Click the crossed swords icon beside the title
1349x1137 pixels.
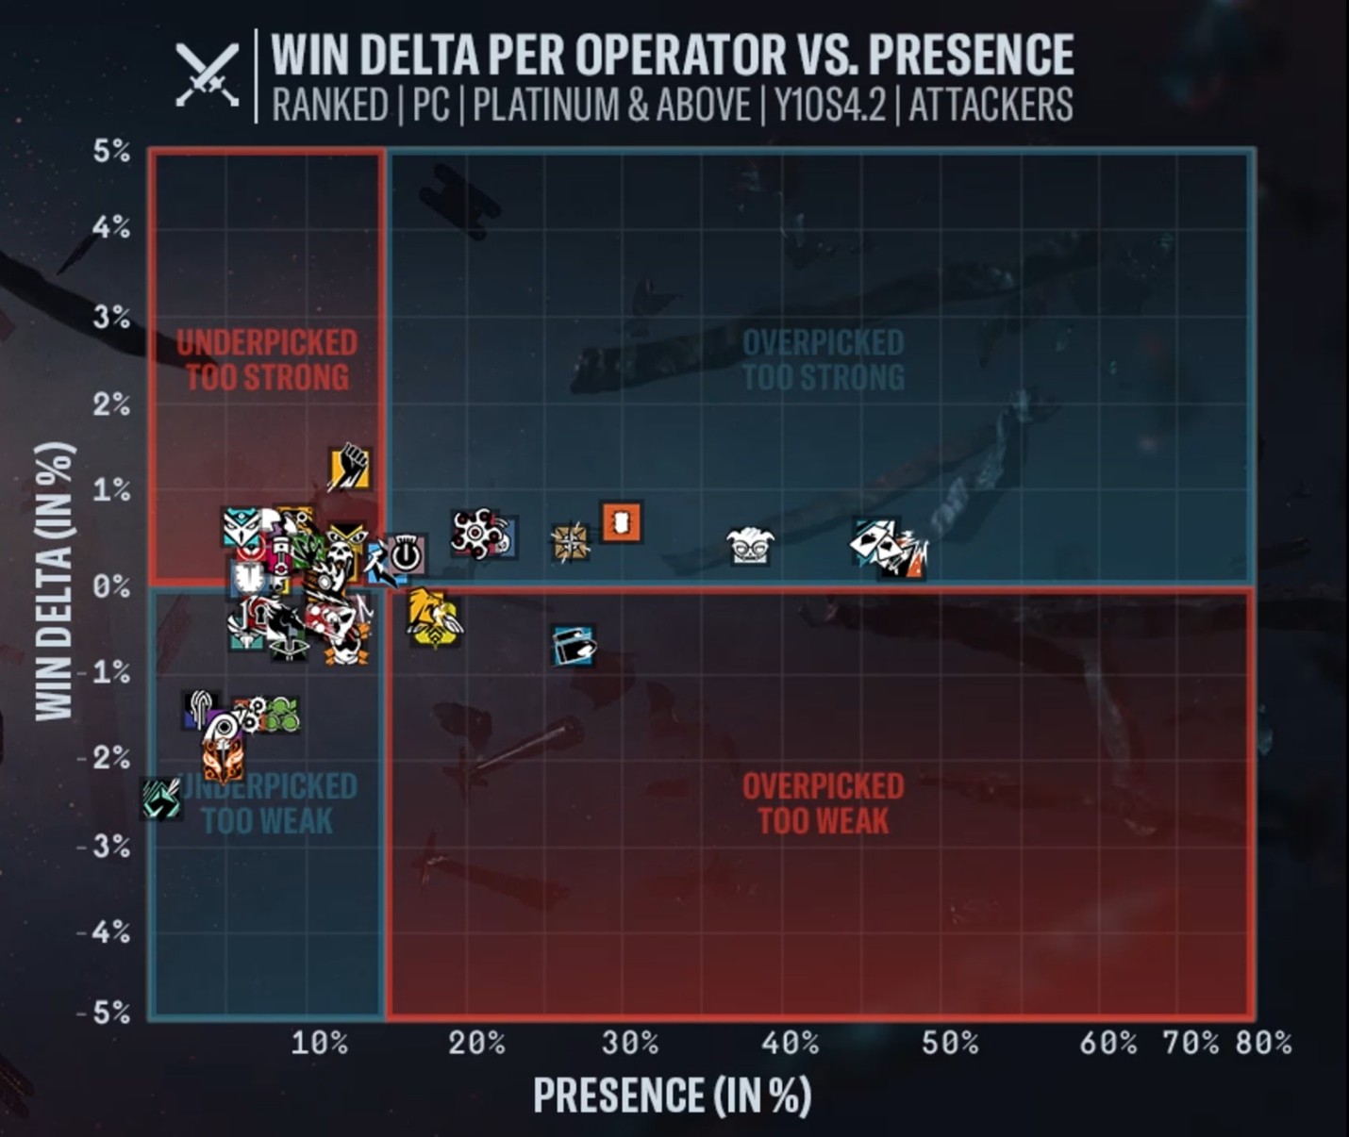(x=207, y=75)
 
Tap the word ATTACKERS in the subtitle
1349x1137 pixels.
(x=991, y=105)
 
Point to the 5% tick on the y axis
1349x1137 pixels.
(x=111, y=151)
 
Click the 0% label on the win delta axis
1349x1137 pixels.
(x=111, y=585)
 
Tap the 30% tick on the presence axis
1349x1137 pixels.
(x=629, y=1043)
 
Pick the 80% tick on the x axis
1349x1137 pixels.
(x=1263, y=1043)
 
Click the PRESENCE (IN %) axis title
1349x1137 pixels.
(x=672, y=1096)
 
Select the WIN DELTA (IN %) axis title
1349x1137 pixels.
(x=54, y=582)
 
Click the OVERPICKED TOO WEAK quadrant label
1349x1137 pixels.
(x=823, y=803)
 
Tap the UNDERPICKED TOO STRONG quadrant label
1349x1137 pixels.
(x=267, y=359)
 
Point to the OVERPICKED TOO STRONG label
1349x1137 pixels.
(x=823, y=359)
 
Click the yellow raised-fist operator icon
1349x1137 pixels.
(x=349, y=468)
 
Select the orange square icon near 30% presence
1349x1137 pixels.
(x=622, y=521)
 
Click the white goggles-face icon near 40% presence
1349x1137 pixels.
(x=750, y=546)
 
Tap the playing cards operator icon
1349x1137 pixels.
(x=874, y=541)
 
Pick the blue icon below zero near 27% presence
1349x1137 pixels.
(x=574, y=646)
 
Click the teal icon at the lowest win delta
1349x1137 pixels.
(x=161, y=798)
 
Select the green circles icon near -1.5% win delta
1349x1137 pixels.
(x=280, y=715)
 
